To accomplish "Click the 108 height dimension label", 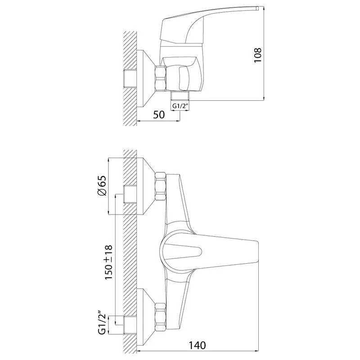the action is [257, 55].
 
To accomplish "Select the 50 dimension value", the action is [159, 115].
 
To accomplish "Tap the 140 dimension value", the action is [197, 345].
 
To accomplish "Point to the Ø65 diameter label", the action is [102, 185].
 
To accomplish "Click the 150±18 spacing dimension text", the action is [108, 262].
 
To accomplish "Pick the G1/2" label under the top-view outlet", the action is [180, 106].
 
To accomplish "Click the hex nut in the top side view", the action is [161, 78].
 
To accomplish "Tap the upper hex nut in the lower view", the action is [161, 186].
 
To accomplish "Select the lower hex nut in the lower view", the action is [161, 317].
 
